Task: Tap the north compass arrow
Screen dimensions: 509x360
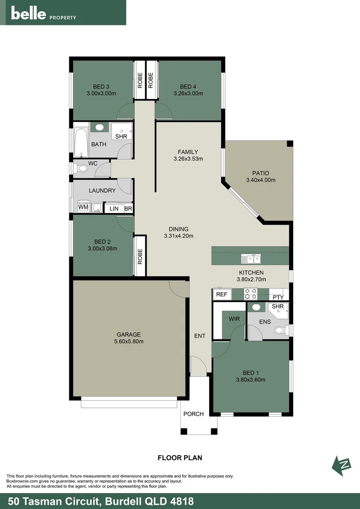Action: point(343,465)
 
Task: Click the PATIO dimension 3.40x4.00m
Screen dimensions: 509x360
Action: point(261,180)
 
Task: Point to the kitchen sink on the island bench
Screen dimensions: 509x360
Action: point(251,259)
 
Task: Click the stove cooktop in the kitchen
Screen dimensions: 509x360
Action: point(250,294)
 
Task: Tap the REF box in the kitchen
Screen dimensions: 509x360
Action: point(221,294)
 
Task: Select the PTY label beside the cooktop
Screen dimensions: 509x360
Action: point(278,297)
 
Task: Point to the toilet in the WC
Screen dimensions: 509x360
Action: point(81,168)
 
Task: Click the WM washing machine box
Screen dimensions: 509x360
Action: point(83,207)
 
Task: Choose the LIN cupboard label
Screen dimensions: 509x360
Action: point(114,208)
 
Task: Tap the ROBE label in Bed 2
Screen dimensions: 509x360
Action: point(140,256)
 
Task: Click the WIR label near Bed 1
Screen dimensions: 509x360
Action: point(234,319)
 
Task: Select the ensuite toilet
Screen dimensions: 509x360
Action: point(281,330)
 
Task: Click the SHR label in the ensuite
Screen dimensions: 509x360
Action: point(278,307)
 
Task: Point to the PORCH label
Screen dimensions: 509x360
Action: point(193,414)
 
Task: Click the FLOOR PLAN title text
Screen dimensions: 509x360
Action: point(180,457)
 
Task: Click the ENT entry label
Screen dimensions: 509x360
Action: point(199,336)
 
